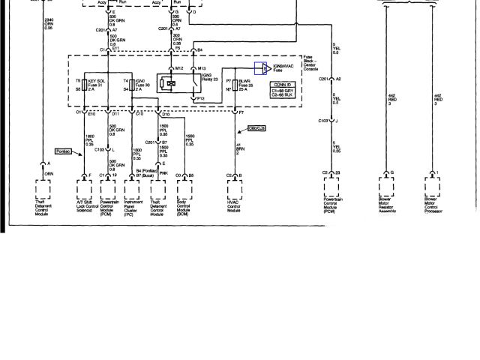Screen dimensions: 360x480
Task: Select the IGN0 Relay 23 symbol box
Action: click(x=172, y=82)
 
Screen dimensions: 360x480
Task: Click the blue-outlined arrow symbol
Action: click(x=262, y=69)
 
